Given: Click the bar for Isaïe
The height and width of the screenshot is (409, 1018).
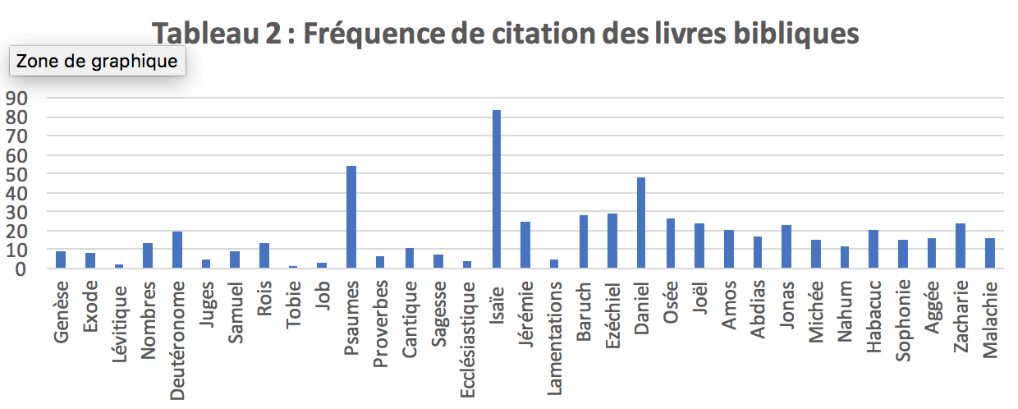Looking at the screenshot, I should click(497, 189).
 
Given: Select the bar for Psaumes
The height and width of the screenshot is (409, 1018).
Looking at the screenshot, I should click(351, 217).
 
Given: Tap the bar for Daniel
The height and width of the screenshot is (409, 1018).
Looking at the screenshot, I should click(641, 223).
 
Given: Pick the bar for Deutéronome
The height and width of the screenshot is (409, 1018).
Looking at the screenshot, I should click(177, 250).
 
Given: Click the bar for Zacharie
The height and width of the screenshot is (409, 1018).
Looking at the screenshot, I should click(961, 246).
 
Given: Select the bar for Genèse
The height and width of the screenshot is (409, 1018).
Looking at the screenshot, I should click(61, 260).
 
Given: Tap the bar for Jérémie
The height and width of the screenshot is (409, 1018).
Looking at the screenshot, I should click(525, 245).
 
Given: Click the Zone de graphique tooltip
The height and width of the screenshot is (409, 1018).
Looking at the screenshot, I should click(97, 61).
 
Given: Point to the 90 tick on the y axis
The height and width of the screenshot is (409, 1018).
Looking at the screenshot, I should click(17, 99).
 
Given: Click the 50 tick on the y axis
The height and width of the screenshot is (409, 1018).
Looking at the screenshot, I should click(17, 174).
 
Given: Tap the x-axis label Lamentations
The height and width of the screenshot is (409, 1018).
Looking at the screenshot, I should click(555, 338).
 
